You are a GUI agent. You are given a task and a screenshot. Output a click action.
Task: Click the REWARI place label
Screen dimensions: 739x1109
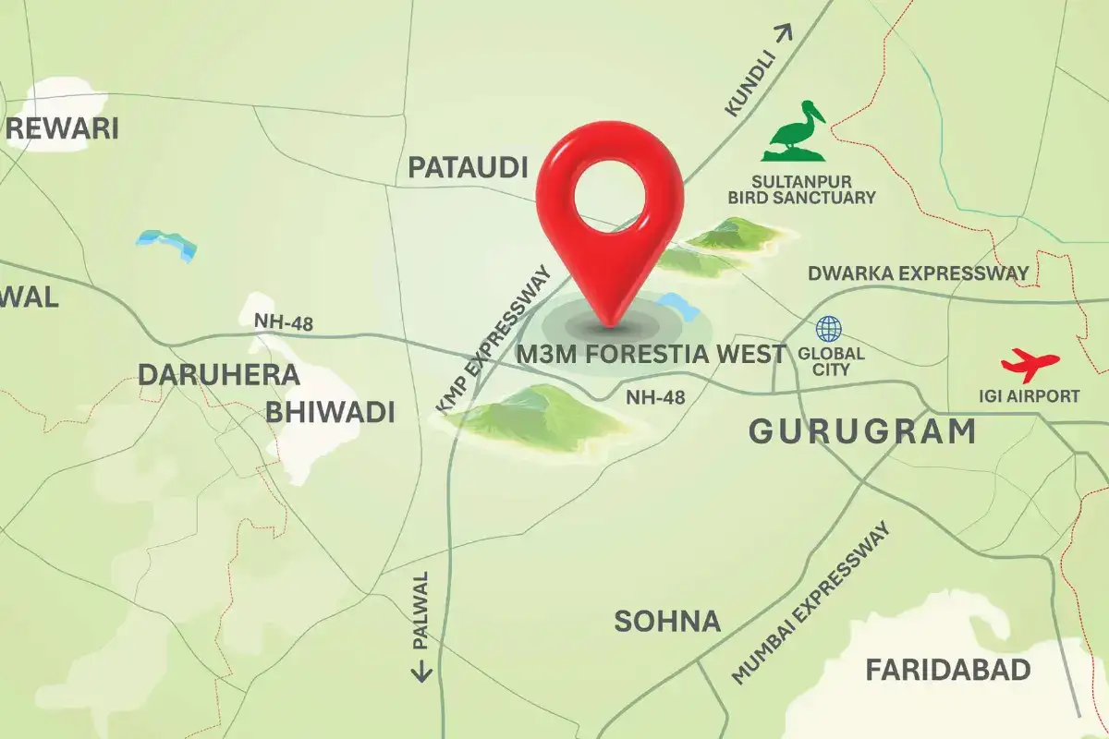click(63, 127)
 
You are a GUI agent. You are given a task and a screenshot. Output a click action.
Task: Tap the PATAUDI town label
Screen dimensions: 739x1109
click(468, 167)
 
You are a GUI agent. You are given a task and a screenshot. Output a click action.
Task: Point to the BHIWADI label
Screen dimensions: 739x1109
click(330, 412)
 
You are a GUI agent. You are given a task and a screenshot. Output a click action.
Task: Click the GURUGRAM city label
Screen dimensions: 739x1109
click(861, 430)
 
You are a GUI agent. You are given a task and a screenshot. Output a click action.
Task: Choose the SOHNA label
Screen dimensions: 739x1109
click(667, 621)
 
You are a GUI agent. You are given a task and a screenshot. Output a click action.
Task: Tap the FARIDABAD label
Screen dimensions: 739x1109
click(947, 670)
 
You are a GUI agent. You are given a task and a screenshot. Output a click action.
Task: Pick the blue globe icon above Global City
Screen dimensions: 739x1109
click(829, 329)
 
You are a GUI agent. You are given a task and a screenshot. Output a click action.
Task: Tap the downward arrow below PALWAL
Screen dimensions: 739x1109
click(421, 671)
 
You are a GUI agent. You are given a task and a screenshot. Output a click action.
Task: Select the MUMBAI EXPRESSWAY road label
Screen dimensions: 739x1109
click(813, 603)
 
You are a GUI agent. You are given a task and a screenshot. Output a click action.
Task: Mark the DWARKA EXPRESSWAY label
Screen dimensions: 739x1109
click(918, 273)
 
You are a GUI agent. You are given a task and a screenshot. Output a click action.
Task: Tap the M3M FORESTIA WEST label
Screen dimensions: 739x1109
click(652, 354)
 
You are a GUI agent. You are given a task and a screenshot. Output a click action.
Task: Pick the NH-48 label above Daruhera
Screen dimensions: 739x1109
click(282, 322)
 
